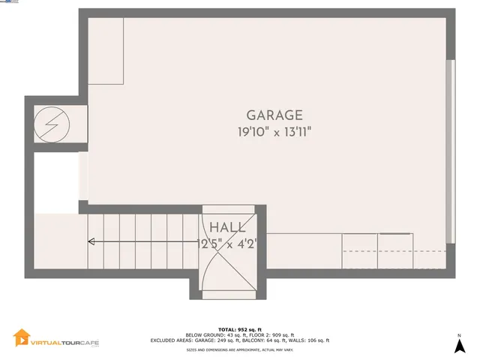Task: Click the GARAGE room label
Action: (x=274, y=115)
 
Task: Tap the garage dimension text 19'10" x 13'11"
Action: (x=274, y=132)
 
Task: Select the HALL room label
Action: (x=225, y=227)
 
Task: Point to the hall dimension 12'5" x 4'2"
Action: (x=226, y=243)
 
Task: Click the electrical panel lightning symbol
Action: (x=54, y=122)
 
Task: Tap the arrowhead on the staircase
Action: (x=91, y=241)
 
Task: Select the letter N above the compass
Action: (x=459, y=335)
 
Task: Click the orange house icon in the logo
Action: (x=22, y=339)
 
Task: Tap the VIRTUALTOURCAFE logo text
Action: (x=64, y=342)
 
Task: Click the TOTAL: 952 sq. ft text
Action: (x=240, y=329)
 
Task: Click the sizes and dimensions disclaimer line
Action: (x=240, y=349)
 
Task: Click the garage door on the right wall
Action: (x=450, y=150)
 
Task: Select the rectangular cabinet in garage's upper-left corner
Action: (x=106, y=50)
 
